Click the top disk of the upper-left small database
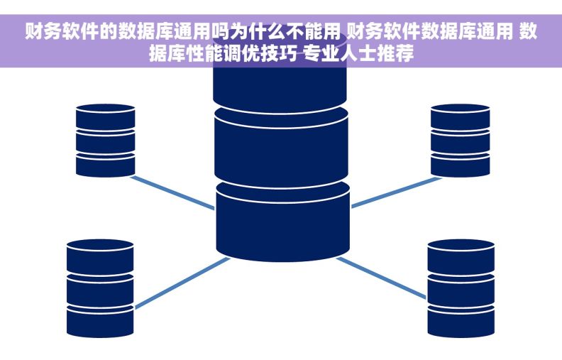click(x=105, y=117)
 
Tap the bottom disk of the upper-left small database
click(x=105, y=165)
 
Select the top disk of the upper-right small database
click(x=460, y=117)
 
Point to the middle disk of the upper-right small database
click(x=460, y=141)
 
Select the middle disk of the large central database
click(x=282, y=146)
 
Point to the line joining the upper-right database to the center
click(x=392, y=192)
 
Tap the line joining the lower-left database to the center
click(x=181, y=283)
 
